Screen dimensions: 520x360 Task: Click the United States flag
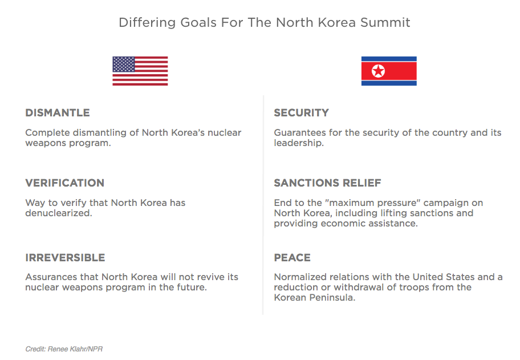click(140, 71)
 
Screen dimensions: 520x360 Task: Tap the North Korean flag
click(389, 71)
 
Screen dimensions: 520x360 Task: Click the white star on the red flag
click(378, 71)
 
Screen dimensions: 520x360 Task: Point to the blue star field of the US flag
click(124, 64)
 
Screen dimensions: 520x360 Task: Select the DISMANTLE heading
click(58, 113)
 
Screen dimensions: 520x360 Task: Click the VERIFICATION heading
click(64, 183)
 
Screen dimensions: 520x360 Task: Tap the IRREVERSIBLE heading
click(65, 257)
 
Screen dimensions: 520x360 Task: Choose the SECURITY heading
click(301, 113)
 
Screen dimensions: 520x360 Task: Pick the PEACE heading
click(292, 257)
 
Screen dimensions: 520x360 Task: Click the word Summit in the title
click(385, 23)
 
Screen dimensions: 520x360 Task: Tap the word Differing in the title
click(147, 23)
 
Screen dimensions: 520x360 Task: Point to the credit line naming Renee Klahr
click(64, 349)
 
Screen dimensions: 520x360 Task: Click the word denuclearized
click(58, 213)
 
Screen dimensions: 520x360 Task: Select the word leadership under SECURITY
click(298, 143)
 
